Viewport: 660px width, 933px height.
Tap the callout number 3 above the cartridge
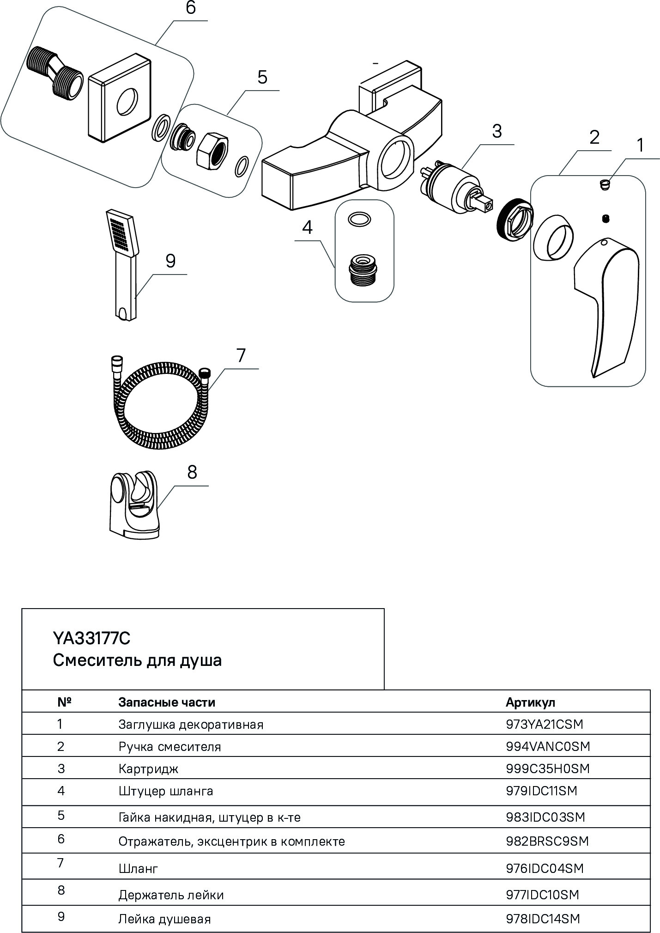497,131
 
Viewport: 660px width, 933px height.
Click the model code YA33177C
92,639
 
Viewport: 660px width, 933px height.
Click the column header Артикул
530,702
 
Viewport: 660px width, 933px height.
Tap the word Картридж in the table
148,769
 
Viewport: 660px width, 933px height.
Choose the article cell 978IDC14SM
543,919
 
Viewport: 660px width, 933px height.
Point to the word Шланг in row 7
138,869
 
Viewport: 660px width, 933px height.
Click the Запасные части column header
167,702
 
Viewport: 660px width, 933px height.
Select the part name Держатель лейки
171,895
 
